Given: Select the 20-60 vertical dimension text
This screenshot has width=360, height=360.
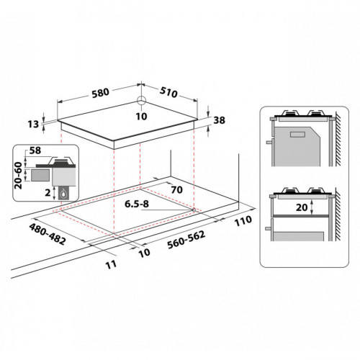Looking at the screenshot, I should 18,174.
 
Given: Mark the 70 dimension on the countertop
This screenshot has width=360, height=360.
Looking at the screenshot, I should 177,191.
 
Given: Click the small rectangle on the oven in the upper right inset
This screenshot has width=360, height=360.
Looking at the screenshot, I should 297,135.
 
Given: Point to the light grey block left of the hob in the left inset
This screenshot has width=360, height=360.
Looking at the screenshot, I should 39,174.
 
